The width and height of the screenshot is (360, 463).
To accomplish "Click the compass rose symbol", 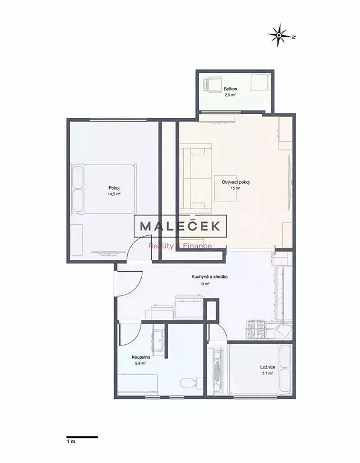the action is tap(279, 36).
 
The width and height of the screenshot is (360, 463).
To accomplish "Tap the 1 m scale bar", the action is tap(82, 437).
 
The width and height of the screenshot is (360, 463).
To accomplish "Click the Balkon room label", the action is tap(230, 89).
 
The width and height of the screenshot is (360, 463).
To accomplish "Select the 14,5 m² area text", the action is tap(114, 194).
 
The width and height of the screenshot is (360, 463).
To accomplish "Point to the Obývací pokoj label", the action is tap(236, 182).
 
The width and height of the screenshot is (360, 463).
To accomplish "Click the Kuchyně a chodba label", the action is tap(209, 277).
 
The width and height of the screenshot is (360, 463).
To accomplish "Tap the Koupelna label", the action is tap(141, 357).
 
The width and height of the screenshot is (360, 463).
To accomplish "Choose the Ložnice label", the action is tap(268, 367).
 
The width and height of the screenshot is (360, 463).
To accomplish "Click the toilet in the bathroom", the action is tap(191, 383).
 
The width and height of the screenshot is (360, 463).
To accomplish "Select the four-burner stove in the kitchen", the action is tap(255, 330).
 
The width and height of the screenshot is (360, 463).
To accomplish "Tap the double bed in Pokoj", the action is tap(104, 189).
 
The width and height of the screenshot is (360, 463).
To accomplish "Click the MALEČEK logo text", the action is tap(180, 226).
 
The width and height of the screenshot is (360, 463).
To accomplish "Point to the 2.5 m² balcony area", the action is tap(230, 95).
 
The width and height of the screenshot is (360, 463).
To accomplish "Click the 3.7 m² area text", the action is tap(267, 374).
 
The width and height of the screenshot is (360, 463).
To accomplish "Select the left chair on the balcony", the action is tap(213, 84).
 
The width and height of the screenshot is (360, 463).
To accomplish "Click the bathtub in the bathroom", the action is tap(137, 384).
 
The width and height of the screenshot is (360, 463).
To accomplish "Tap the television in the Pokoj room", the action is tap(108, 253).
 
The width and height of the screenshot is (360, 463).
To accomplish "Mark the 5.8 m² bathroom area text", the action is tap(141, 364).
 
